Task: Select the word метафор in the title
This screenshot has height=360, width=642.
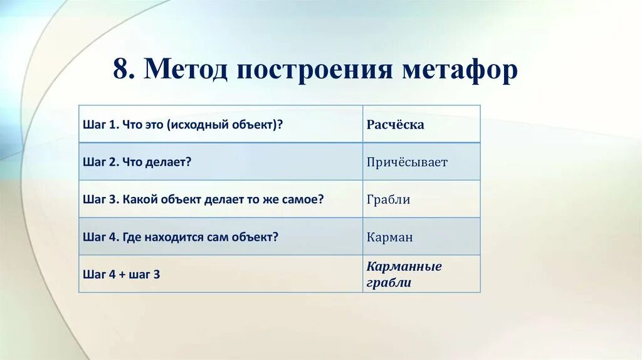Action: pos(460,70)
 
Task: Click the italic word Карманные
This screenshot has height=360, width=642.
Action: pos(404,267)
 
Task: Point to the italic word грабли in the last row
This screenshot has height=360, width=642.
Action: pos(389,282)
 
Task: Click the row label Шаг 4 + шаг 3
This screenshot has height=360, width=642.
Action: pos(121,274)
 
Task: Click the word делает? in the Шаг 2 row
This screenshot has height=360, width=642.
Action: pos(168,162)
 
